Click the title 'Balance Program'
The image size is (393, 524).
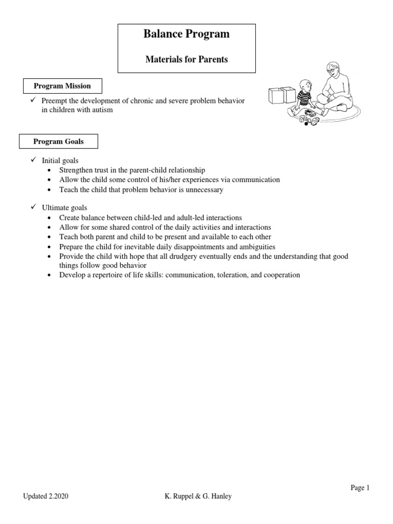point(187,35)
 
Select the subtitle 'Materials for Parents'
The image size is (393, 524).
point(187,59)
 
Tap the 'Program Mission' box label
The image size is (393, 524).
point(62,86)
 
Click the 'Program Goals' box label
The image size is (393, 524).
point(58,141)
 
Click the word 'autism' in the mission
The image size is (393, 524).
point(116,110)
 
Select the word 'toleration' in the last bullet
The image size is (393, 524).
point(232,275)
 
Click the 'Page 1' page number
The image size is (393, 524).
point(360,488)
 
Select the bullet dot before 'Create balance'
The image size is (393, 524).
point(49,218)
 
